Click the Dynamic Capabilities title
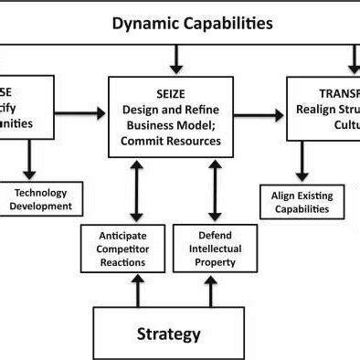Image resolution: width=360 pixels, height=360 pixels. pyautogui.click(x=192, y=23)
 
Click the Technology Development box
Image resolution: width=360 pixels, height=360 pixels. pyautogui.click(x=41, y=199)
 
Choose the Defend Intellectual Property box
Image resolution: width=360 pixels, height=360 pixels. pyautogui.click(x=216, y=249)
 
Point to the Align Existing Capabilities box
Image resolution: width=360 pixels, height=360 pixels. pyautogui.click(x=302, y=202)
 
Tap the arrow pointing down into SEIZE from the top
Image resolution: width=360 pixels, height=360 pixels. pyautogui.click(x=177, y=59)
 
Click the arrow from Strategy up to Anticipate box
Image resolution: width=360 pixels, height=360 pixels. pyautogui.click(x=137, y=291)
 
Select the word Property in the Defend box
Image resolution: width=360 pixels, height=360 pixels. pyautogui.click(x=216, y=262)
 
